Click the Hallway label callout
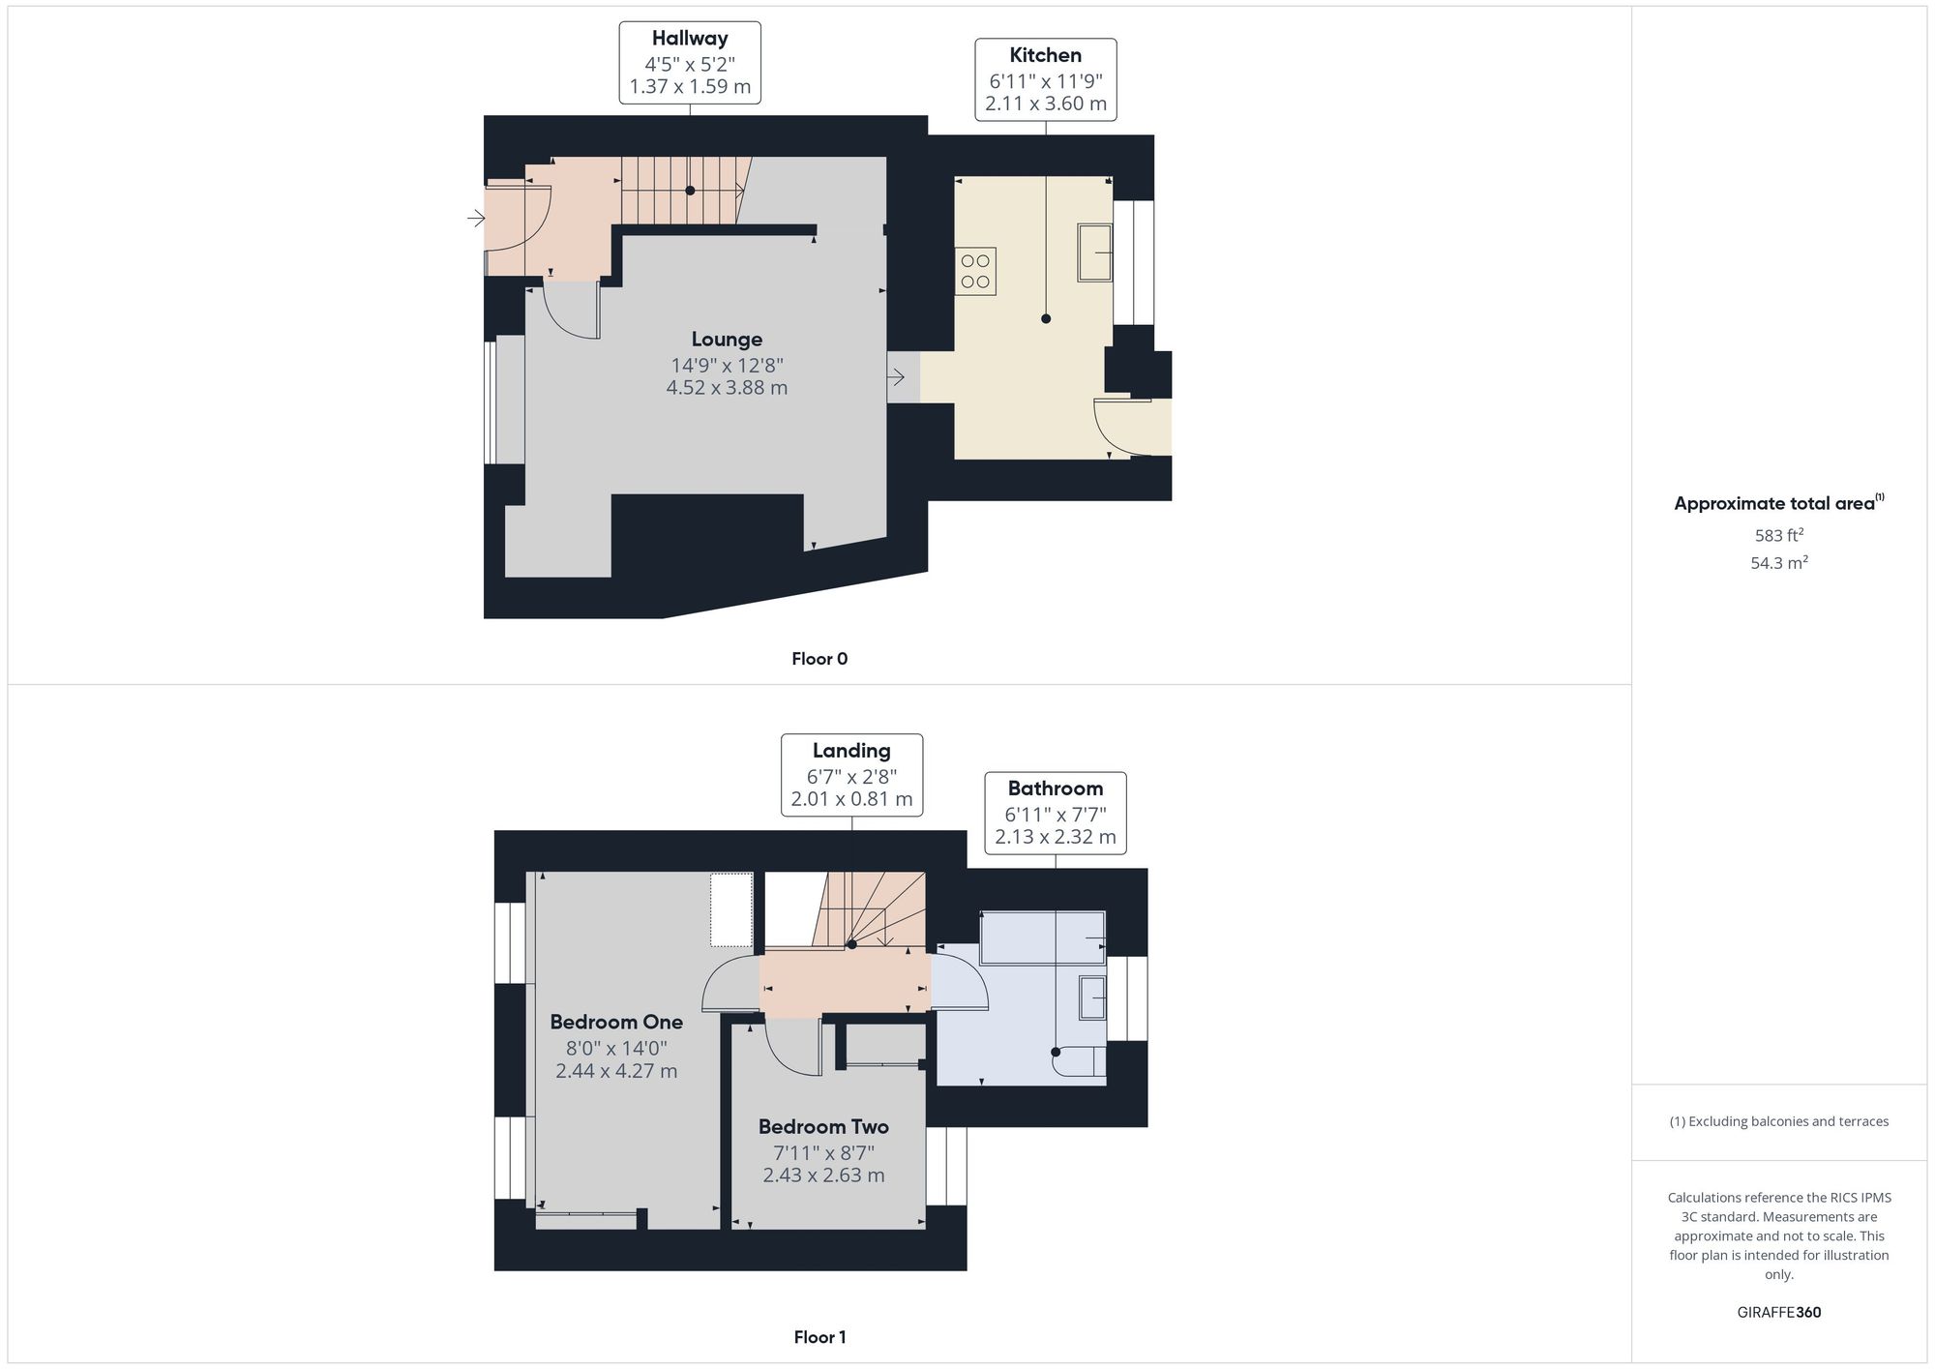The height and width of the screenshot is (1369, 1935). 690,63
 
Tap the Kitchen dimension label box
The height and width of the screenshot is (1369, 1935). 1046,80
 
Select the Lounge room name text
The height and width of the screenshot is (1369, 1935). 727,340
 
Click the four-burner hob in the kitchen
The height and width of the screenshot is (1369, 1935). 975,271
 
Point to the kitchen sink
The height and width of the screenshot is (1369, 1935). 1095,253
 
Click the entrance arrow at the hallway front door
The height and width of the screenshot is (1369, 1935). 476,218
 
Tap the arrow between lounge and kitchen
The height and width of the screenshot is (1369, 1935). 896,376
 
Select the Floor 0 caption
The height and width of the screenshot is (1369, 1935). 819,659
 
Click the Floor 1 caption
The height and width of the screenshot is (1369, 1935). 819,1337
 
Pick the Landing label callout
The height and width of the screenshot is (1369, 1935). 852,775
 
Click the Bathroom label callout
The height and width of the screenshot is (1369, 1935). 1056,813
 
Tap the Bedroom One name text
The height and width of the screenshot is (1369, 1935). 616,1023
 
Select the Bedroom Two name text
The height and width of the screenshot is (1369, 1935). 823,1127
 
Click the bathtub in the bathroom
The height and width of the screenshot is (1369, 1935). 1043,937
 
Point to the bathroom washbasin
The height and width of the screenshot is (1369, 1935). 1093,997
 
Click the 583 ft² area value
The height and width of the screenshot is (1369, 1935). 1779,535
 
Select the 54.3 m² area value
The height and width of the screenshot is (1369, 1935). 1779,562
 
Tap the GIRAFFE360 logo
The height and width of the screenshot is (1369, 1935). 1779,1313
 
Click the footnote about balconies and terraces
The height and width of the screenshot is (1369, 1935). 1779,1122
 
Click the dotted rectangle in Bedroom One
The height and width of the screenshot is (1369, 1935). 731,910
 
